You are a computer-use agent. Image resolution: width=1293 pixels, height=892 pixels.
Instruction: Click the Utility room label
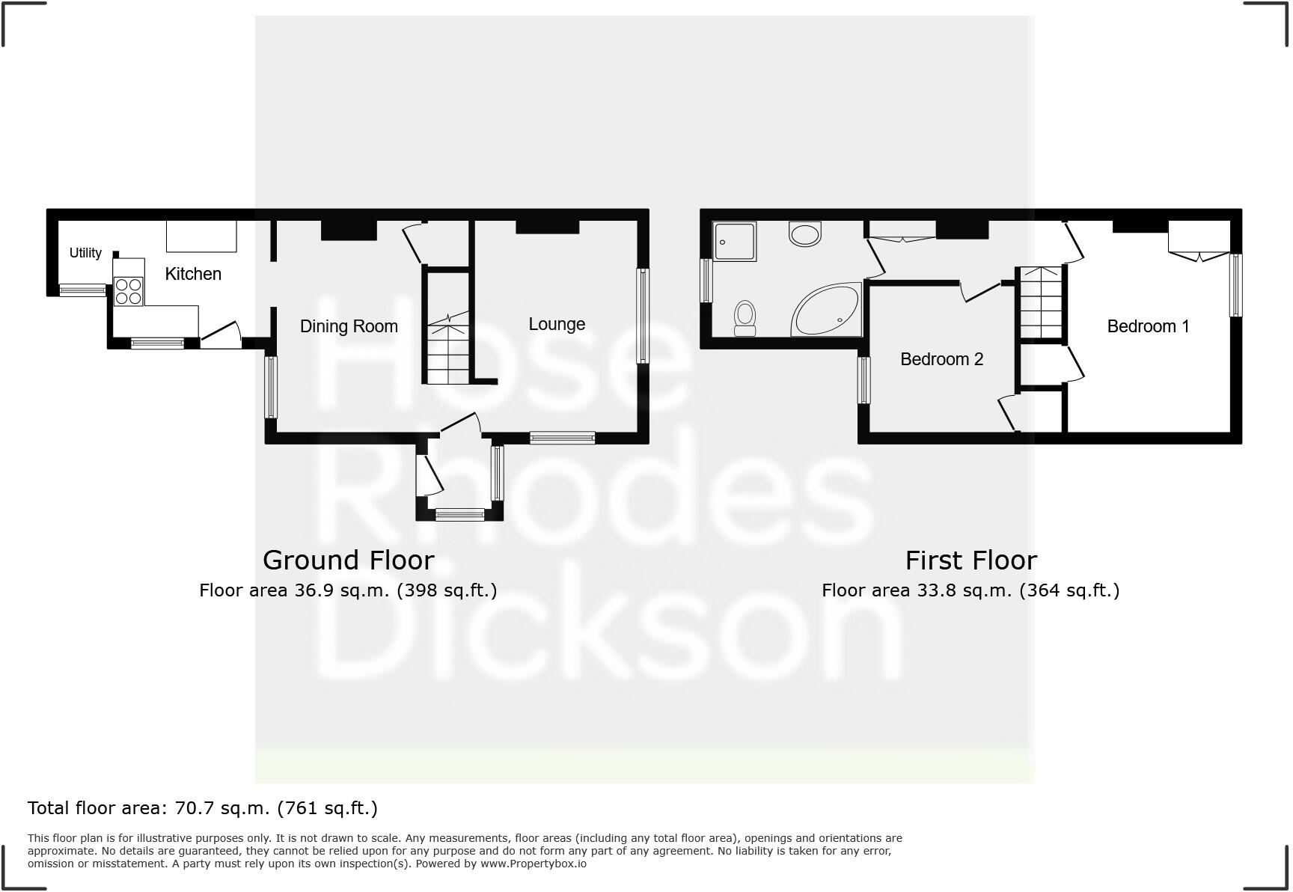[85, 253]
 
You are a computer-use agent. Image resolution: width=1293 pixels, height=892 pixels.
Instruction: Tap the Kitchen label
[193, 274]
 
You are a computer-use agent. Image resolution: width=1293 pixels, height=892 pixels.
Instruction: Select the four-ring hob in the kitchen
[128, 290]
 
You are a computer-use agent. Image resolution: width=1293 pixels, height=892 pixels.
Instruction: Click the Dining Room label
[349, 326]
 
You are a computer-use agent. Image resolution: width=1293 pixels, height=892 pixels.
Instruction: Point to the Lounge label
[557, 324]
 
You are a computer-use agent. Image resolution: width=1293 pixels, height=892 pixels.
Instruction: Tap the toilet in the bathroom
[745, 318]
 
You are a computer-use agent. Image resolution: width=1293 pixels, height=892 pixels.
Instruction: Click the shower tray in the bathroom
[734, 241]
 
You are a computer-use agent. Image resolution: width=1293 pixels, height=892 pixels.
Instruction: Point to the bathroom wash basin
[805, 234]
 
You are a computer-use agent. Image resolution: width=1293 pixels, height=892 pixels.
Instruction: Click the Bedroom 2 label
[941, 359]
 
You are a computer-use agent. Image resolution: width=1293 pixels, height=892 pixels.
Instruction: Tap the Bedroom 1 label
[1148, 326]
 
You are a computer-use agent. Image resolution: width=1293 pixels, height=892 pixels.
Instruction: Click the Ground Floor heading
[348, 560]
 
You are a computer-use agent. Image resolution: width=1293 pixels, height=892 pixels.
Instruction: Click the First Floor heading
[970, 560]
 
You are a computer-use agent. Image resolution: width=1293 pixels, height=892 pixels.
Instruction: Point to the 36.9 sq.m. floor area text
[348, 590]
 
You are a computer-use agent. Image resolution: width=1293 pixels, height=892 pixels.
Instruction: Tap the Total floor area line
[203, 808]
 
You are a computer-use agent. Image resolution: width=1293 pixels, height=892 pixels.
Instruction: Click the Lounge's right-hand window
[642, 316]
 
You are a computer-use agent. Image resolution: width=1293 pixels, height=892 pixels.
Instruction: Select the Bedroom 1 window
[1236, 285]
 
